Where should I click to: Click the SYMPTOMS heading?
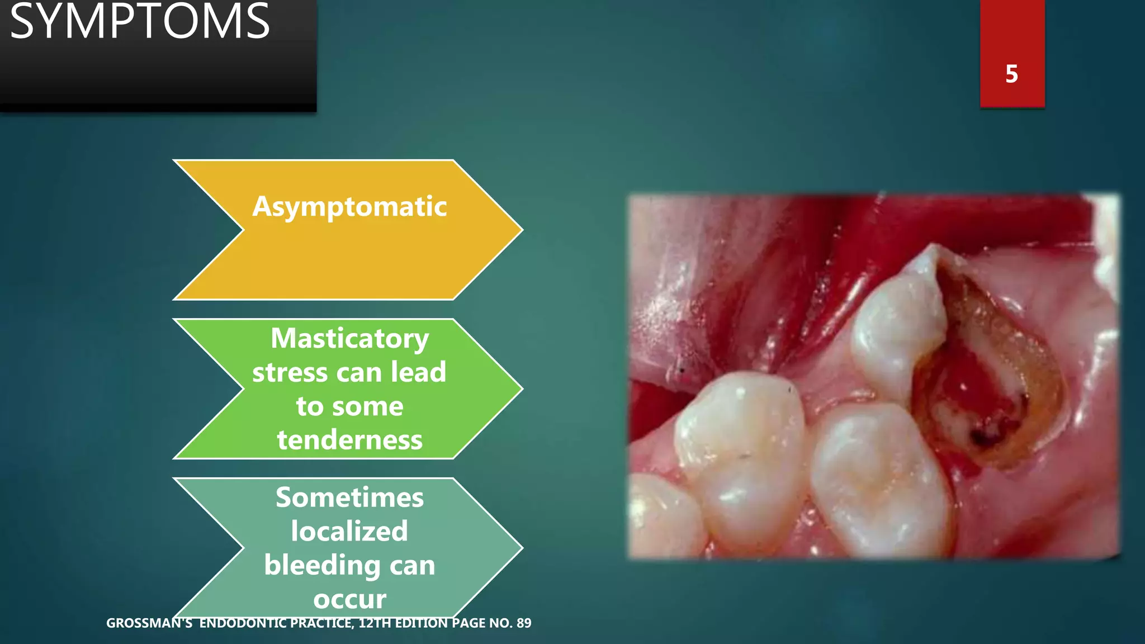140,22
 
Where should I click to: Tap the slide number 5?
1011,74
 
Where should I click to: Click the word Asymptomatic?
349,207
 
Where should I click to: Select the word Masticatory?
349,339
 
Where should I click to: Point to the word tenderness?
349,440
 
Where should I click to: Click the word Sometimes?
349,498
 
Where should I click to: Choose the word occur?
349,599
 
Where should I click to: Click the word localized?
349,531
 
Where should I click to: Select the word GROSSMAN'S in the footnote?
149,623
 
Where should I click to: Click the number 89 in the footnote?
524,623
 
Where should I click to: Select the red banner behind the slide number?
1012,34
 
